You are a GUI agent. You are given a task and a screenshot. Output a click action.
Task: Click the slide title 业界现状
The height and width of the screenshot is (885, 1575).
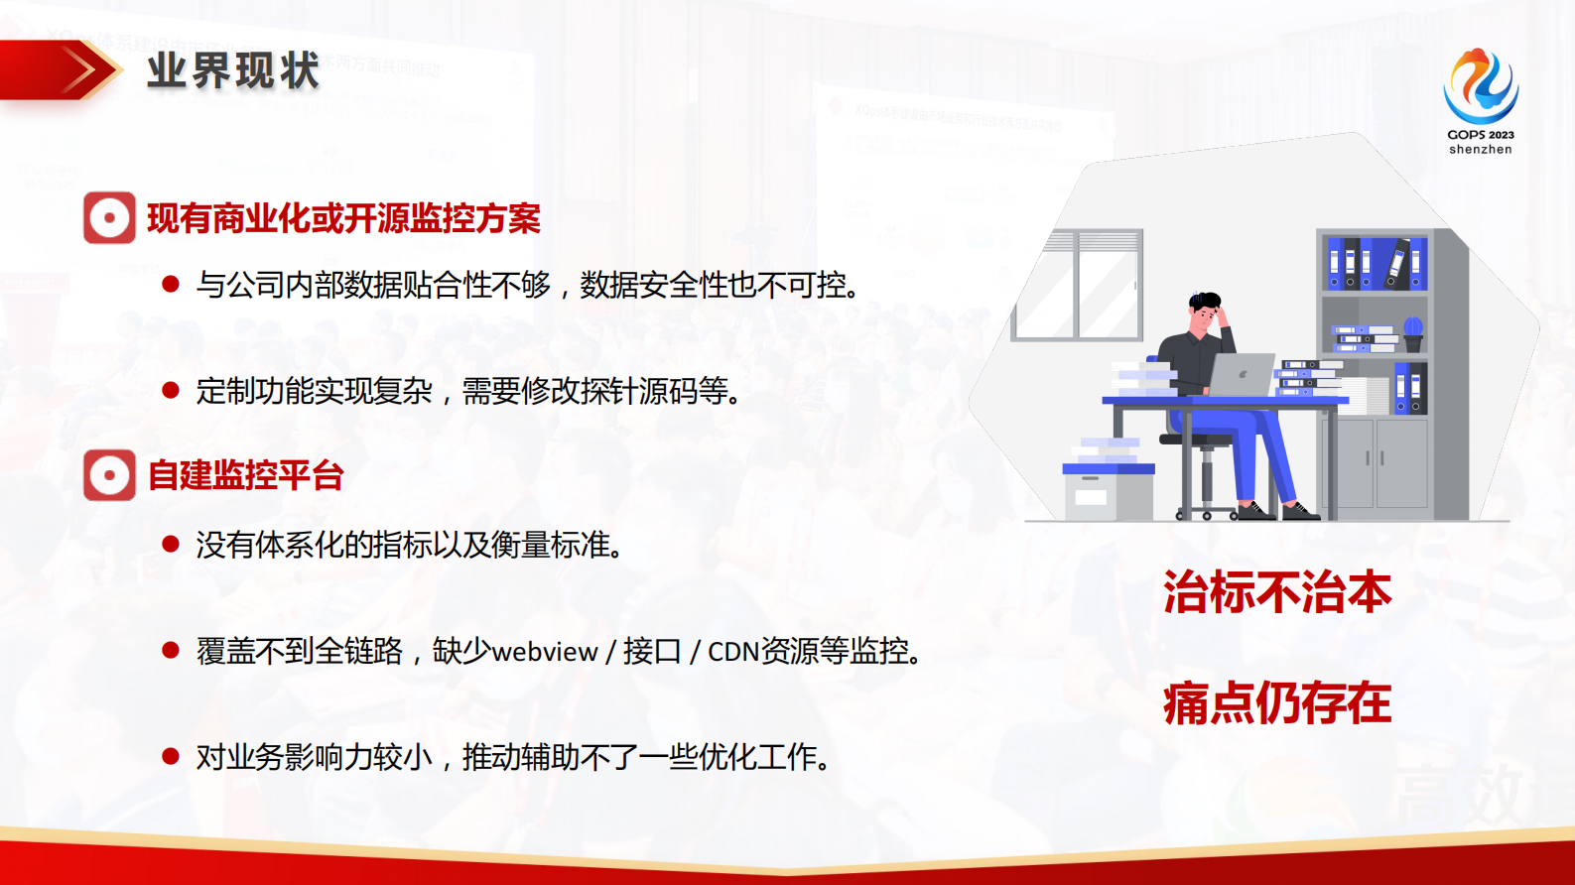point(233,71)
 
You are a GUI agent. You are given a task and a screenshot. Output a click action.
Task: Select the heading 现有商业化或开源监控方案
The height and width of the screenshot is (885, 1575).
point(343,218)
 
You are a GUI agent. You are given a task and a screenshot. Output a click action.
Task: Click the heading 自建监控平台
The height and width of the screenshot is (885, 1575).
point(245,475)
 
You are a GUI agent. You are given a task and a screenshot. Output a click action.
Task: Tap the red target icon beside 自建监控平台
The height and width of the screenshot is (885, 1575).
point(109,475)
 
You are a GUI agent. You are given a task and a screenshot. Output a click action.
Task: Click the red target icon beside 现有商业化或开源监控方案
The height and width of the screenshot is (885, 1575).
point(109,218)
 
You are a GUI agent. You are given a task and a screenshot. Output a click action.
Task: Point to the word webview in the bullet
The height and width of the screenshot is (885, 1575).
point(545,653)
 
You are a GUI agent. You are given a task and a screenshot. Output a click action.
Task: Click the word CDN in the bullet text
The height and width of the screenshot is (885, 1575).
point(733,653)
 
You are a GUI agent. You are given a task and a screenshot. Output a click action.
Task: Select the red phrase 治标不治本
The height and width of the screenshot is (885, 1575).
point(1277,592)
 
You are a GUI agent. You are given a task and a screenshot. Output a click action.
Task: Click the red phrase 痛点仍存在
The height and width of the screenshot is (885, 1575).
point(1277,703)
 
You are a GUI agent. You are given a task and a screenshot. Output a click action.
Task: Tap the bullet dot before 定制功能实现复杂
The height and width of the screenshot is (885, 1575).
point(171,391)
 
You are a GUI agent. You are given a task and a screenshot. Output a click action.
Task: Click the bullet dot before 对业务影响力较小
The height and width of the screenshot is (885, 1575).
point(171,757)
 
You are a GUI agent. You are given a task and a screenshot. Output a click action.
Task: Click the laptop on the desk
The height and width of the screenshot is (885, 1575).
point(1242,375)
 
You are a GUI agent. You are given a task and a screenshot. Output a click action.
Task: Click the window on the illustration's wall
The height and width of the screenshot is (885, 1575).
point(1078,286)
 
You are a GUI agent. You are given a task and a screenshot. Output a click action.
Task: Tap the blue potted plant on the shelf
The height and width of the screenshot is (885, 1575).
point(1413,332)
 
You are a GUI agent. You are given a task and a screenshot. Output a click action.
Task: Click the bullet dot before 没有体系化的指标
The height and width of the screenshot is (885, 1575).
point(171,545)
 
